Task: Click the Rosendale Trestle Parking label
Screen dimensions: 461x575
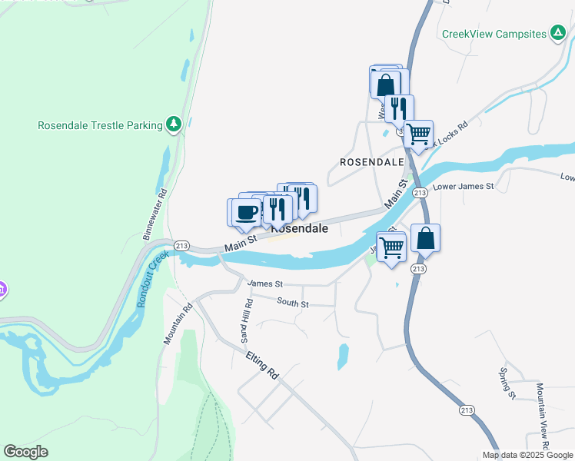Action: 100,125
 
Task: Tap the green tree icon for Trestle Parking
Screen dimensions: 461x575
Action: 174,124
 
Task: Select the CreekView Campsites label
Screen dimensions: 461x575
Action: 494,34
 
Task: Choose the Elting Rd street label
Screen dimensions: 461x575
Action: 261,363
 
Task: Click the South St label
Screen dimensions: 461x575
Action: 293,304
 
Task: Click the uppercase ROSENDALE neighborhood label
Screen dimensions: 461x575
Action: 372,163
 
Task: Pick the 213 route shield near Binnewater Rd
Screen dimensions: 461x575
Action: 181,245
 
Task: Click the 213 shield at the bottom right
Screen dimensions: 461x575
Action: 466,410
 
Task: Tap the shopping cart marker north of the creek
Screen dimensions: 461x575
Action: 418,134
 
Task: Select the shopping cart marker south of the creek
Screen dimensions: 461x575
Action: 391,247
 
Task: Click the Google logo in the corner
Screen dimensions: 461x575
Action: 25,452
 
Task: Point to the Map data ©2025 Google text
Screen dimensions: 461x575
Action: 527,455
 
